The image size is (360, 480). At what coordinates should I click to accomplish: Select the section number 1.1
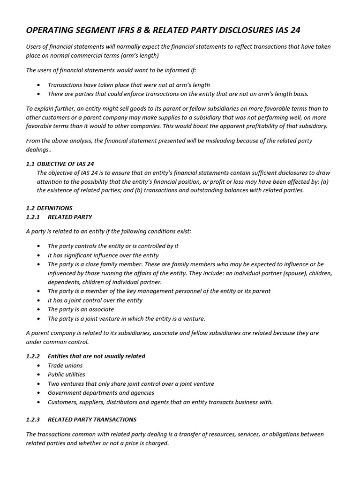pyautogui.click(x=30, y=164)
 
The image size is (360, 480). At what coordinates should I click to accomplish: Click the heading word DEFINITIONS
pyautogui.click(x=54, y=208)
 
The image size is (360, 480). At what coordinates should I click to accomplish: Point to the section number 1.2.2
pyautogui.click(x=33, y=356)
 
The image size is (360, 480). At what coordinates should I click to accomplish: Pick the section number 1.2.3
pyautogui.click(x=33, y=419)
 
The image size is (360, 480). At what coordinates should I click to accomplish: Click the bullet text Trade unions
pyautogui.click(x=65, y=365)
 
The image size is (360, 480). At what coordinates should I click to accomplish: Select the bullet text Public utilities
pyautogui.click(x=66, y=375)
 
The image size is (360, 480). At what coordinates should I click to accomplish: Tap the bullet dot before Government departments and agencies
pyautogui.click(x=38, y=393)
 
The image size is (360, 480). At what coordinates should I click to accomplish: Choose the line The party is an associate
pyautogui.click(x=81, y=309)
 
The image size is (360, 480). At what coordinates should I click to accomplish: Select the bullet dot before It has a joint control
pyautogui.click(x=38, y=300)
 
